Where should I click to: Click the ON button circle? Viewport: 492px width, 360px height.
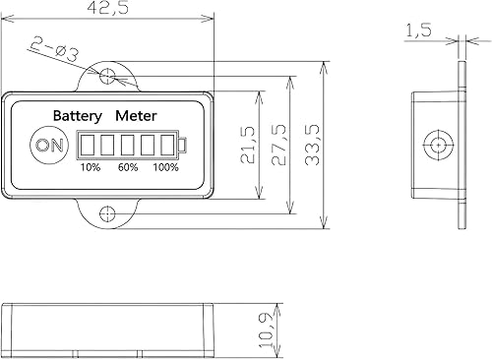click(46, 146)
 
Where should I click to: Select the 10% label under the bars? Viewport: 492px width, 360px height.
click(90, 167)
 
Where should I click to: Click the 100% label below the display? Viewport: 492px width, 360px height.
click(165, 167)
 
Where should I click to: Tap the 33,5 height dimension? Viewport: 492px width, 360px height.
click(313, 145)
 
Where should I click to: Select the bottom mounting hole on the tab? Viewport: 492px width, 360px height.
click(108, 213)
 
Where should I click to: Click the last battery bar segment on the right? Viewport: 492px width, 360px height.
click(168, 146)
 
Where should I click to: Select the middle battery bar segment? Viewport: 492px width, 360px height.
click(127, 146)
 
